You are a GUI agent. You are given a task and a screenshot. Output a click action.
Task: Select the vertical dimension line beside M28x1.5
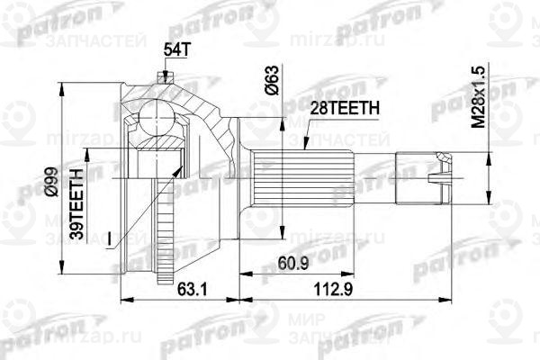[x=489, y=171]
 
